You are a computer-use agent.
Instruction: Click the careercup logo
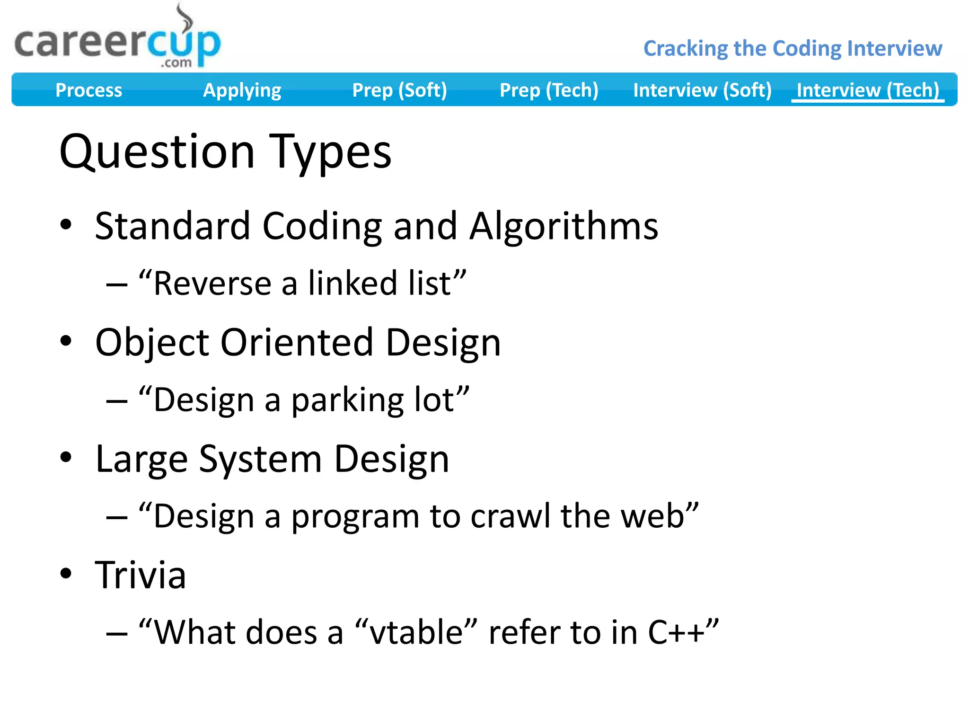pyautogui.click(x=117, y=43)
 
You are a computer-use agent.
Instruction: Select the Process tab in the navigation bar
pyautogui.click(x=88, y=90)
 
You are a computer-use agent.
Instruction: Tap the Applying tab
pyautogui.click(x=242, y=90)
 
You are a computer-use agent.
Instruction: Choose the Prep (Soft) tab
pyautogui.click(x=399, y=90)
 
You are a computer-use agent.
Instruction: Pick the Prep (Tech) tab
pyautogui.click(x=549, y=90)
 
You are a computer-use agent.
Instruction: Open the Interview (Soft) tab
pyautogui.click(x=702, y=90)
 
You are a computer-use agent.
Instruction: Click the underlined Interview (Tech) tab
pyautogui.click(x=868, y=90)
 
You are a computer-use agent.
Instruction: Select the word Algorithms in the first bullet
pyautogui.click(x=564, y=226)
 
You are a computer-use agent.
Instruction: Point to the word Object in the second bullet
pyautogui.click(x=152, y=343)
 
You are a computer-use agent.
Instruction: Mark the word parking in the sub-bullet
pyautogui.click(x=347, y=400)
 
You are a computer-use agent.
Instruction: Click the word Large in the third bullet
pyautogui.click(x=141, y=459)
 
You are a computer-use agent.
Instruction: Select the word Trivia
pyautogui.click(x=141, y=575)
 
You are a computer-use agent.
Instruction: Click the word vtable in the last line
pyautogui.click(x=415, y=632)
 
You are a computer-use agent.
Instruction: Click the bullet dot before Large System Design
pyautogui.click(x=66, y=457)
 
